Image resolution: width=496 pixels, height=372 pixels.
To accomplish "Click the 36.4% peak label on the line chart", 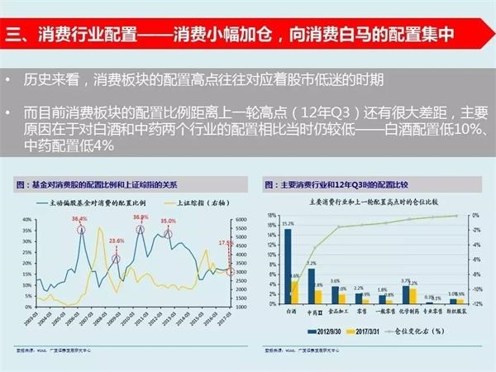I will (x=79, y=219).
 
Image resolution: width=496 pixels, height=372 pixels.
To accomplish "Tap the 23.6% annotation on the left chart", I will (x=117, y=241).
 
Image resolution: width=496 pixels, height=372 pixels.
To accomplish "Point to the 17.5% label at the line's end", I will (x=225, y=243).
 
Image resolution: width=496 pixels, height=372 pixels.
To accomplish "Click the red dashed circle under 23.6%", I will (x=116, y=259).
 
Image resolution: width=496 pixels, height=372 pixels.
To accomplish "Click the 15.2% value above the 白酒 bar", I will (x=288, y=224).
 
